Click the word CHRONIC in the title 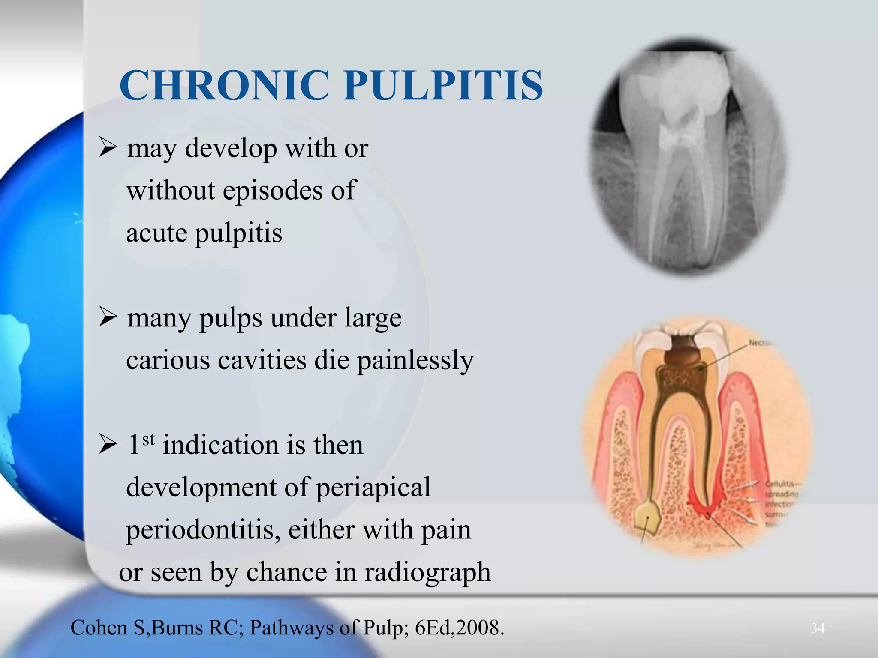pyautogui.click(x=224, y=86)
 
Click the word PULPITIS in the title pyautogui.click(x=443, y=86)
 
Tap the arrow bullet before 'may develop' pyautogui.click(x=108, y=148)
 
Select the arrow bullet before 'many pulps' pyautogui.click(x=108, y=318)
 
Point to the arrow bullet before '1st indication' pyautogui.click(x=108, y=445)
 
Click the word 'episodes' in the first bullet pyautogui.click(x=272, y=191)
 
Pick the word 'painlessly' pyautogui.click(x=415, y=361)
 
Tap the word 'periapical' pyautogui.click(x=373, y=488)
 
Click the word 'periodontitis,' pyautogui.click(x=203, y=529)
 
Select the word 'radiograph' pyautogui.click(x=427, y=572)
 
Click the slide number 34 pyautogui.click(x=818, y=628)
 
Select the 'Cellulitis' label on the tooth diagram pyautogui.click(x=781, y=484)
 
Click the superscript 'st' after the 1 pyautogui.click(x=148, y=439)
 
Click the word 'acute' pyautogui.click(x=157, y=233)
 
